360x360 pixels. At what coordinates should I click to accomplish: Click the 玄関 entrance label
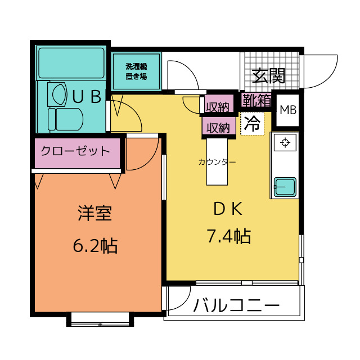pos(268,75)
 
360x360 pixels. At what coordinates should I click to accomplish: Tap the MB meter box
pos(287,110)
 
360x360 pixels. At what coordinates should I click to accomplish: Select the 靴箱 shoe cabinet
pos(256,100)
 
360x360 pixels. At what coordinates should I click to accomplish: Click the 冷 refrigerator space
pos(253,124)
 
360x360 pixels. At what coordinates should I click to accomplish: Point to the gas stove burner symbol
pos(285,143)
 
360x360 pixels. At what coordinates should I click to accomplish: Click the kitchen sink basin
pos(285,187)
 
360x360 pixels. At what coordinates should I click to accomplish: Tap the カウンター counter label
pos(217,162)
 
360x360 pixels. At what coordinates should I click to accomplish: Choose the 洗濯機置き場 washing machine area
pos(136,71)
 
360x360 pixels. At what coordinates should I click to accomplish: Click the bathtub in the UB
pos(71,62)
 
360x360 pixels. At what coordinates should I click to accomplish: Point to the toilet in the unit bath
pos(66,119)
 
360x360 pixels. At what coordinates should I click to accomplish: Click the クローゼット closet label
pos(75,151)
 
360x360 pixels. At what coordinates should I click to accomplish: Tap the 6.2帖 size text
pos(95,246)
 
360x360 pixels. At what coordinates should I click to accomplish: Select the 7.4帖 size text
pos(229,236)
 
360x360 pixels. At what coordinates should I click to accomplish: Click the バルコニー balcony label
pos(236,305)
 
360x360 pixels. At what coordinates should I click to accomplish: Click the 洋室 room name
pos(95,213)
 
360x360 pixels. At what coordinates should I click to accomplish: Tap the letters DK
pos(228,209)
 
